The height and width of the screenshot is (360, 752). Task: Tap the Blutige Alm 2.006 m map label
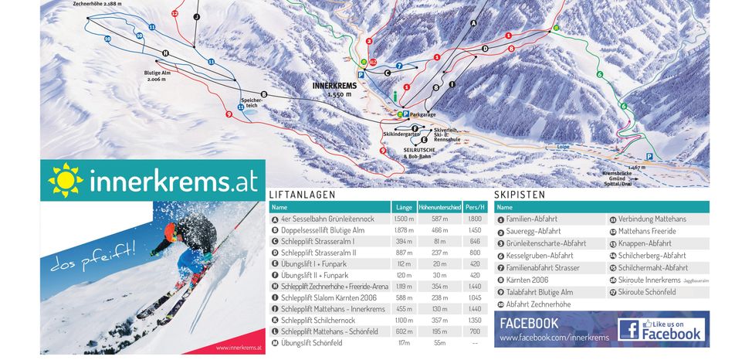click(157, 76)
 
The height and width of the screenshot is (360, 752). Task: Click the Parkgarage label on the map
click(424, 114)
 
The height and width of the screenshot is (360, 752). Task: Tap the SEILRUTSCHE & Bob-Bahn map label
click(417, 153)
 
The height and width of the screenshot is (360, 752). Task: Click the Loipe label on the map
click(562, 145)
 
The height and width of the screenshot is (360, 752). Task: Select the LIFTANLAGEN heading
click(302, 195)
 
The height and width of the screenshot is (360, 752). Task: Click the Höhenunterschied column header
click(439, 207)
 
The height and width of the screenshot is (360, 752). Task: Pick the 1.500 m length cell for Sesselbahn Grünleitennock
click(404, 219)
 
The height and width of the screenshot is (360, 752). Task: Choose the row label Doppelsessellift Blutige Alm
click(323, 230)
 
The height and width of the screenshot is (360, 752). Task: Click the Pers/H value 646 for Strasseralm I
click(475, 242)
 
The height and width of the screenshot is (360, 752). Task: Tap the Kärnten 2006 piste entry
click(527, 280)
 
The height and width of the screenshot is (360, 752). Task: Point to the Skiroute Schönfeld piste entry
click(646, 293)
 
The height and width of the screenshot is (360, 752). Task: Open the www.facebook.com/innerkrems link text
click(554, 338)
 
